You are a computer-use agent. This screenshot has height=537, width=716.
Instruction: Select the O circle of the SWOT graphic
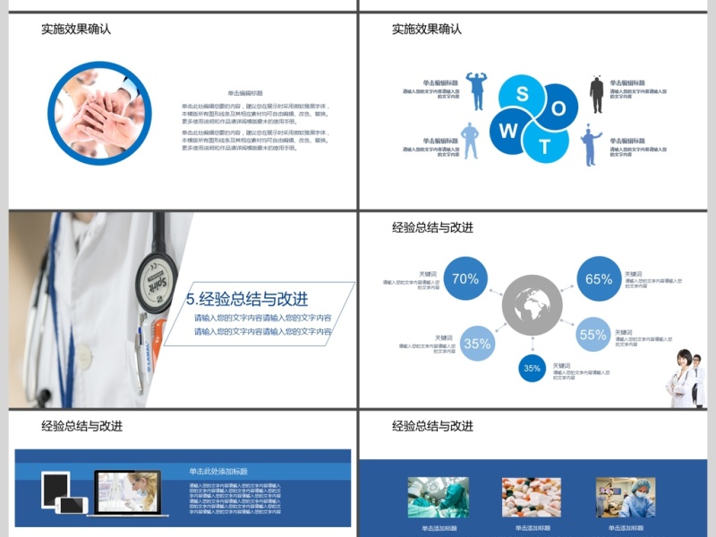pyautogui.click(x=559, y=109)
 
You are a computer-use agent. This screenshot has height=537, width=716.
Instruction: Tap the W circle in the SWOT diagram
pyautogui.click(x=508, y=131)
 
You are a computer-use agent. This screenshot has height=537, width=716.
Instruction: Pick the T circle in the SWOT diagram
pyautogui.click(x=545, y=146)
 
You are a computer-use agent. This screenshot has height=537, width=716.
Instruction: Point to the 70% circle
pyautogui.click(x=465, y=278)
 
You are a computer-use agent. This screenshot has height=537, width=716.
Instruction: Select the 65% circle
pyautogui.click(x=599, y=279)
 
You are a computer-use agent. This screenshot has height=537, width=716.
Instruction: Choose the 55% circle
pyautogui.click(x=593, y=335)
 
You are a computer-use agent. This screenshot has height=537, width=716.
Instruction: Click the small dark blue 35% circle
pyautogui.click(x=533, y=368)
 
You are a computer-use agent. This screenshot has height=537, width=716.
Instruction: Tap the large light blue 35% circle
pyautogui.click(x=478, y=343)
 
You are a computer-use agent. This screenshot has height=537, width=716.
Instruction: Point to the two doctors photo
pyautogui.click(x=685, y=379)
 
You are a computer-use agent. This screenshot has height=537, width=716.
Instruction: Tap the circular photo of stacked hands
pyautogui.click(x=98, y=112)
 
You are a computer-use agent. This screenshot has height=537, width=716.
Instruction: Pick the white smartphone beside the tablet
pyautogui.click(x=72, y=505)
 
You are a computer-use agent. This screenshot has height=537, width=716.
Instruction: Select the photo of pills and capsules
pyautogui.click(x=532, y=497)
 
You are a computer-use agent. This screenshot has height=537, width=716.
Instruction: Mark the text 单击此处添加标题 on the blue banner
pyautogui.click(x=218, y=471)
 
